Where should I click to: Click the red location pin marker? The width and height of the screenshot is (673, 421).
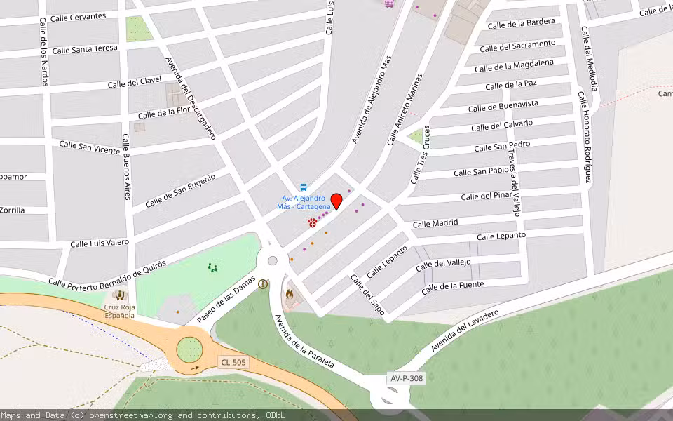336,201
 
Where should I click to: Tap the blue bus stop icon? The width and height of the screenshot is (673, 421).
304,187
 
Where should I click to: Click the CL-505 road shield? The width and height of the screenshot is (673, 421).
232,362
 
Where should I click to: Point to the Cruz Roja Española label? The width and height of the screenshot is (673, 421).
119,311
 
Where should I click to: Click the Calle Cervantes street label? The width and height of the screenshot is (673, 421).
79,16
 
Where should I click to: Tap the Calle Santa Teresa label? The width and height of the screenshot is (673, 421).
85,49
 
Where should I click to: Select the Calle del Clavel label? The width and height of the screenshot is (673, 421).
135,83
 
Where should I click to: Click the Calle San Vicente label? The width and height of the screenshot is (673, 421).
89,146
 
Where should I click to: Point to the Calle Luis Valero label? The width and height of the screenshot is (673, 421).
100,243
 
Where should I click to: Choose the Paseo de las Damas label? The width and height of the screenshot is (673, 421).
226,299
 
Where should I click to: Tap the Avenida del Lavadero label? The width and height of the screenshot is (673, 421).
464,330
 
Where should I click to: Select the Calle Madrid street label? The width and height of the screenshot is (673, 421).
435,223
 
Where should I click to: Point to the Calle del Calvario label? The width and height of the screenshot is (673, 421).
501,125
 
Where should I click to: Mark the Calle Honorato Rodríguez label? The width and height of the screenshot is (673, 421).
585,137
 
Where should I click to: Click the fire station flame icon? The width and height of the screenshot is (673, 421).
288,295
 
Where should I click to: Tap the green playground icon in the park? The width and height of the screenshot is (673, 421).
212,267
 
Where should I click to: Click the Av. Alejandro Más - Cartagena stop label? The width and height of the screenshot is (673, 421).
304,202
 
